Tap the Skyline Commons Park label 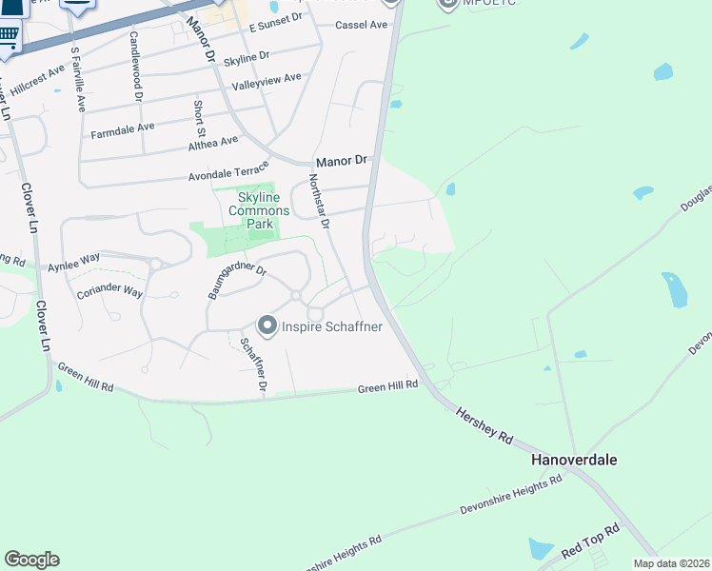click(x=243, y=208)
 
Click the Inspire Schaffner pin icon click(x=267, y=326)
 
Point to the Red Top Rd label click(x=590, y=541)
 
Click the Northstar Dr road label click(x=318, y=202)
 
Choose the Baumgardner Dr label click(x=237, y=282)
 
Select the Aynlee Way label click(x=73, y=259)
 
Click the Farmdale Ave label click(x=122, y=128)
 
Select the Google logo click(x=31, y=560)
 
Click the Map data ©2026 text click(x=672, y=563)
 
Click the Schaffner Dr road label click(x=254, y=365)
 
